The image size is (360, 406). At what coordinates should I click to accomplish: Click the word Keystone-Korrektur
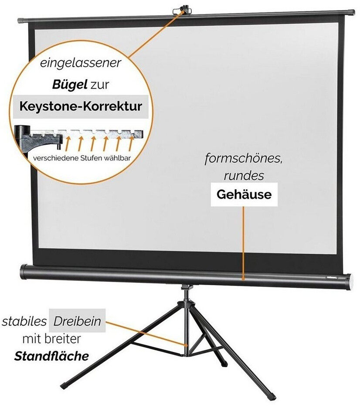point(81,106)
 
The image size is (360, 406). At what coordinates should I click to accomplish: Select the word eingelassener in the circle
point(81,63)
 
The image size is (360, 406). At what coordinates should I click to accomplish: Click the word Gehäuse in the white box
point(244,194)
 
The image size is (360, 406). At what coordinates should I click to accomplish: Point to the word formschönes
point(243,158)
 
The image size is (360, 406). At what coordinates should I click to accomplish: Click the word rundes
point(244,176)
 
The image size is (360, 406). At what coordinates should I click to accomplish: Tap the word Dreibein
point(77,321)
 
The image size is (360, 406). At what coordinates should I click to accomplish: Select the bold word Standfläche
point(51,356)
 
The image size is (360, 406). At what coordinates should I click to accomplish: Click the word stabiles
point(24,321)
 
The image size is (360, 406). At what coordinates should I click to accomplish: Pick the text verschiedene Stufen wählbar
point(82,158)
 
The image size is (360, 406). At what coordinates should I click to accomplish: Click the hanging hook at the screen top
point(183,10)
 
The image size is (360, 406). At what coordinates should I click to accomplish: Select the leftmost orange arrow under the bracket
point(68,144)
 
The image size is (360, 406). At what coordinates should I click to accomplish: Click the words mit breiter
point(52,339)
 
